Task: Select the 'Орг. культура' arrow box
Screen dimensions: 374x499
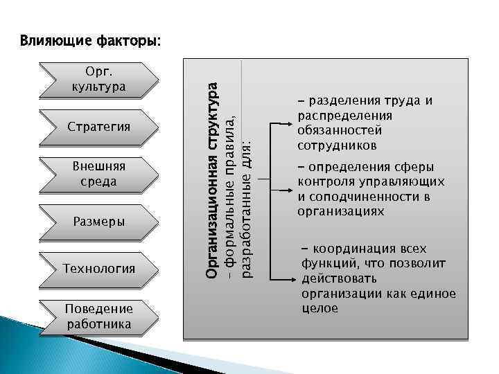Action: click(x=99, y=80)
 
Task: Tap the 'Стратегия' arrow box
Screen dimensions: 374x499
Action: click(x=99, y=127)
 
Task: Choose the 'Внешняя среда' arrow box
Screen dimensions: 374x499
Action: click(x=99, y=174)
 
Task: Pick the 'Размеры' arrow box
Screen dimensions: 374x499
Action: click(x=99, y=222)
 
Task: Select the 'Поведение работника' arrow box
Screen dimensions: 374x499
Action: click(x=99, y=316)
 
